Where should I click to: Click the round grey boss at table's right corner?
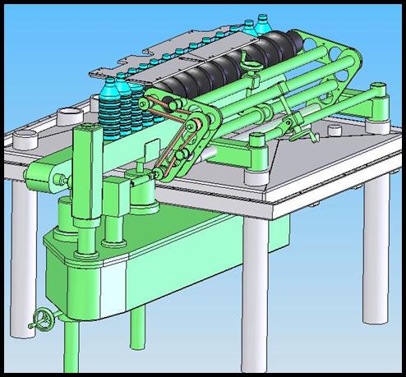pyautogui.click(x=379, y=124)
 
